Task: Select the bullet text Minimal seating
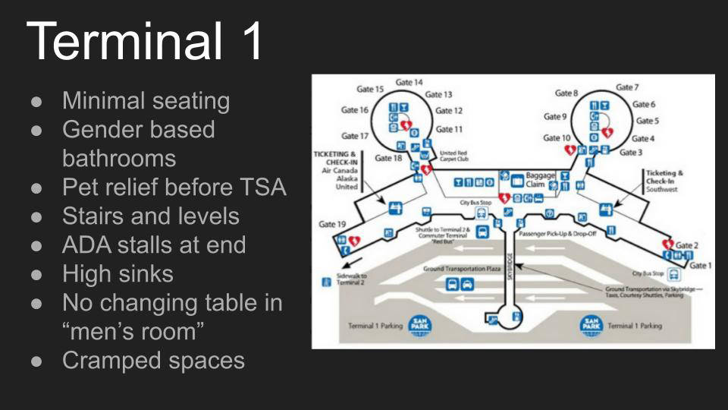tap(146, 100)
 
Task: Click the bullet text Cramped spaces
tap(153, 360)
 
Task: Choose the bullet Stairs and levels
tap(150, 216)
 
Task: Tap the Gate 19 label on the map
tap(332, 224)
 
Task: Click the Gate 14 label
tap(409, 82)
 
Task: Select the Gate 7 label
tap(627, 87)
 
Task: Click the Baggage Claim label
tap(541, 180)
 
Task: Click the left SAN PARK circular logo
tap(421, 325)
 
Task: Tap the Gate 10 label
tap(557, 137)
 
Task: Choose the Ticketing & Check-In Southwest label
tap(664, 181)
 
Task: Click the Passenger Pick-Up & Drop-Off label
tap(557, 234)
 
